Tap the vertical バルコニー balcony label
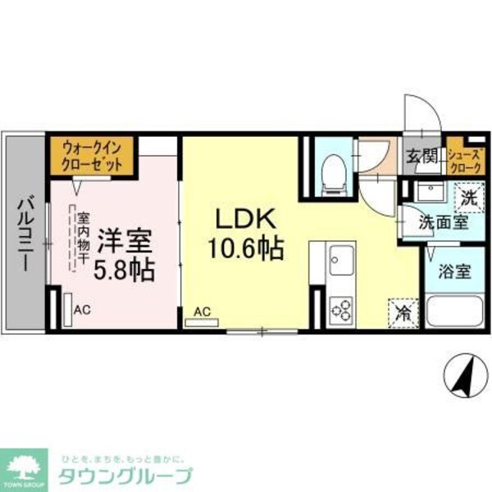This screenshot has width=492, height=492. [x=25, y=235]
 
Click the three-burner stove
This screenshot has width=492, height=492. [x=339, y=310]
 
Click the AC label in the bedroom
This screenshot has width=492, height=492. [x=81, y=310]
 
